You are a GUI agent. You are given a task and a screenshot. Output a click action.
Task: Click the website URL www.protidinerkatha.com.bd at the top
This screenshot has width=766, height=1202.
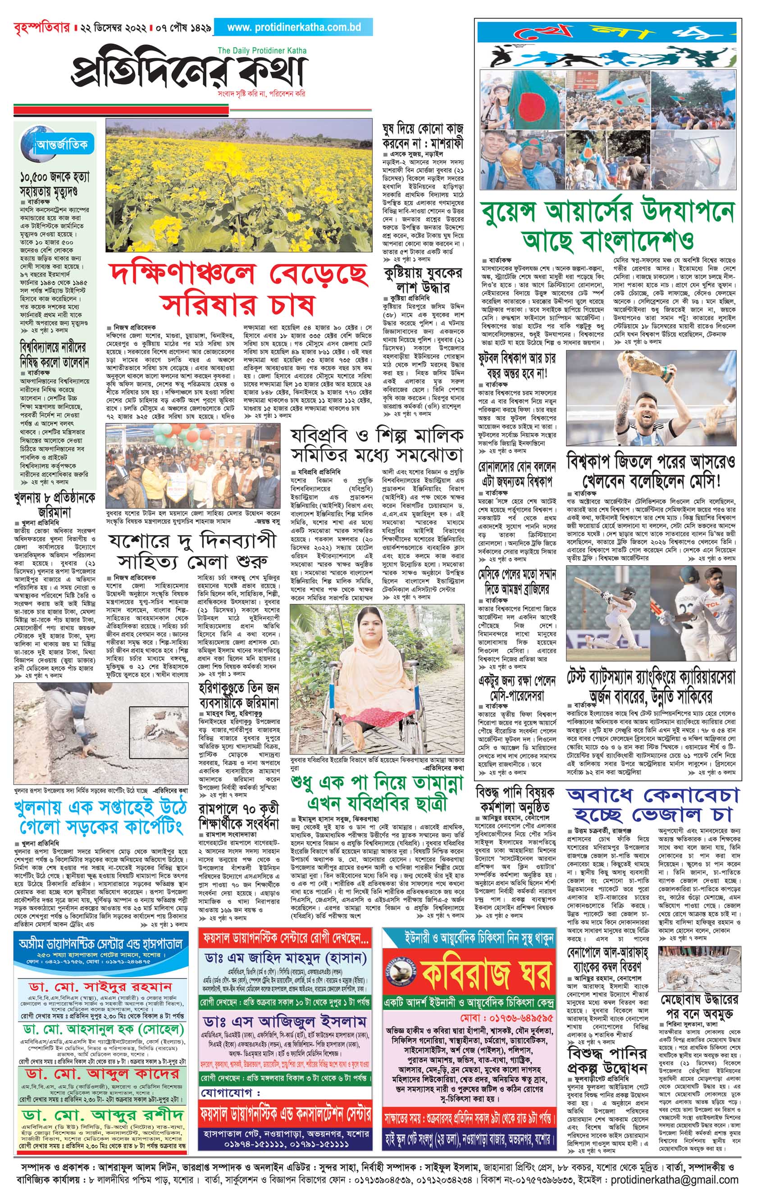coord(294,27)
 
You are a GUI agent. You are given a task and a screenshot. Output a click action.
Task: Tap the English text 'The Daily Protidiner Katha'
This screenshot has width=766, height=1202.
coord(262,50)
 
